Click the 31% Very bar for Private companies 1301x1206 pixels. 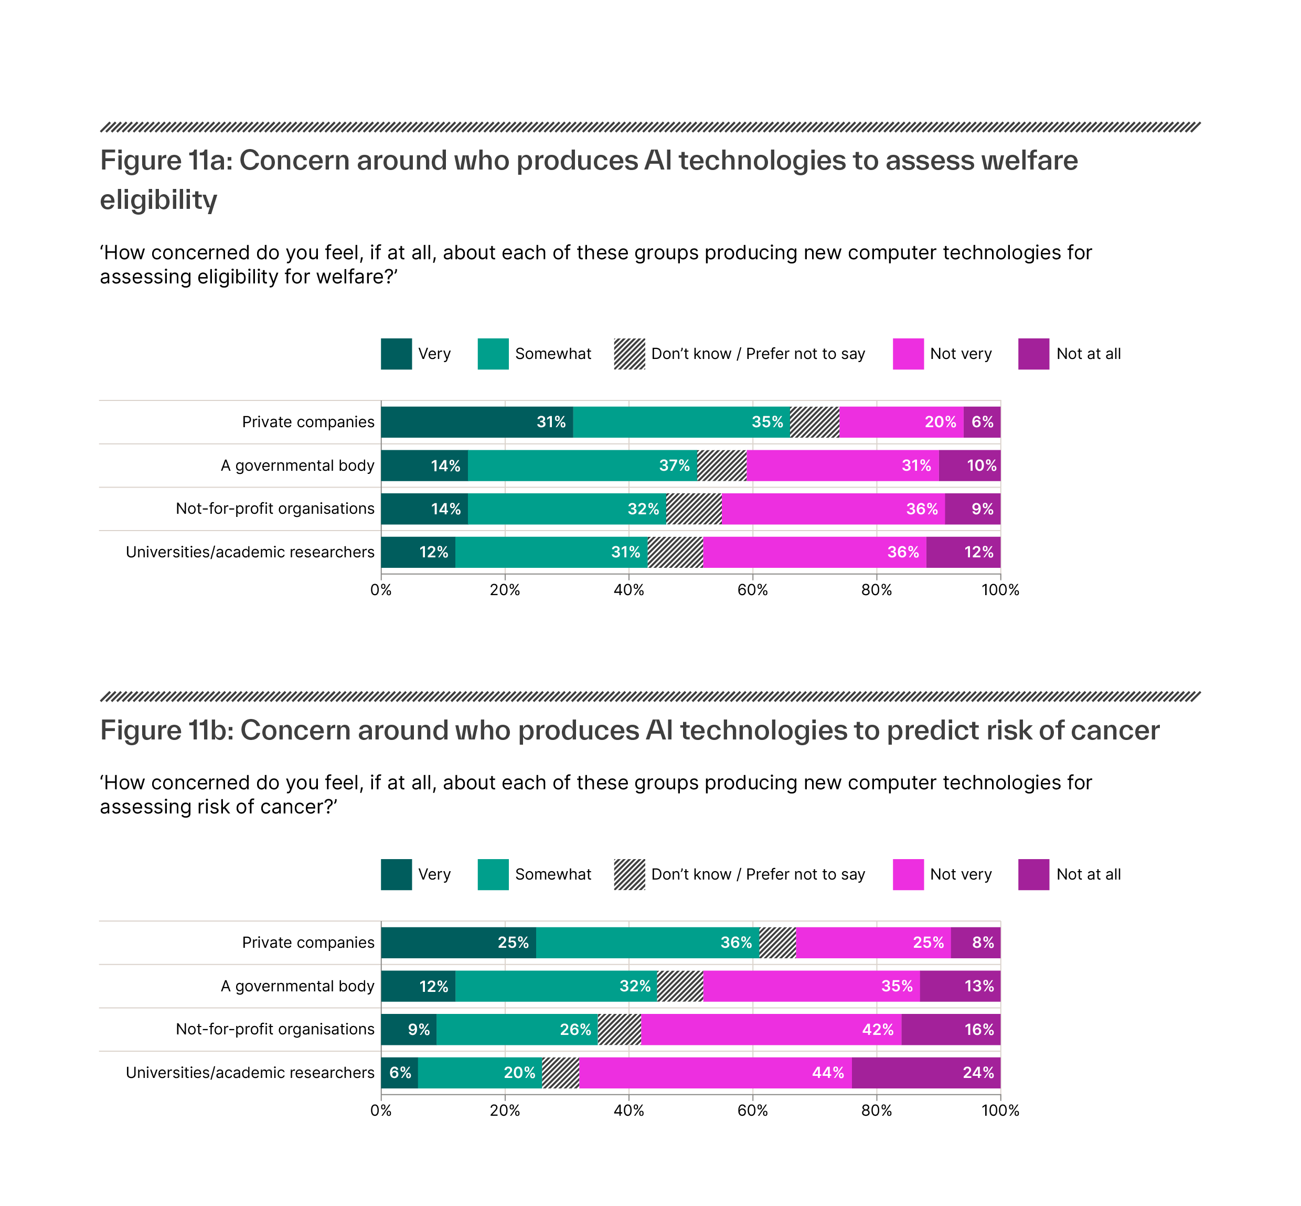(476, 421)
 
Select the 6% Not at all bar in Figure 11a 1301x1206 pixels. (982, 421)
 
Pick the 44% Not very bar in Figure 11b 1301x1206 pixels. (715, 1072)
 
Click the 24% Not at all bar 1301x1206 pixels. (925, 1072)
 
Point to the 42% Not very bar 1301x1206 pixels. (771, 1029)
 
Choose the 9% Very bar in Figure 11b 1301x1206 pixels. (409, 1029)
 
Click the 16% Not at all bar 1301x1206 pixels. (950, 1029)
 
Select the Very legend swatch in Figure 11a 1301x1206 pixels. (396, 354)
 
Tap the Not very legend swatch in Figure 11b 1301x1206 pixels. (908, 874)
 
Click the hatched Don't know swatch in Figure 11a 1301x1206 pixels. (629, 354)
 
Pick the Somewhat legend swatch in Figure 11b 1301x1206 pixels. (493, 874)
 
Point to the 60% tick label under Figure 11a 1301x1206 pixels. (752, 590)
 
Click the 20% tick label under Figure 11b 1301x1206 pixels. (504, 1110)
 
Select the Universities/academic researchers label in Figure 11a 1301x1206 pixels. (250, 552)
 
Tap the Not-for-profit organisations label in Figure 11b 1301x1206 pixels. (275, 1029)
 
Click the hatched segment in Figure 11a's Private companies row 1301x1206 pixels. (814, 421)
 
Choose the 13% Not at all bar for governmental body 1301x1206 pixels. (960, 986)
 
